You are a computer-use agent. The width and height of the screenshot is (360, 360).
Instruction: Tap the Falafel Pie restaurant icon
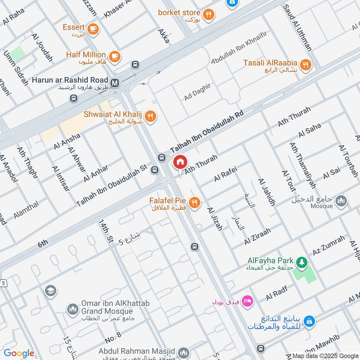[194, 202]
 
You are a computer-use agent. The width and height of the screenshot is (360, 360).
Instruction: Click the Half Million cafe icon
[115, 56]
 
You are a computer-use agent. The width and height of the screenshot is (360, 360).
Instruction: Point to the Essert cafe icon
[93, 29]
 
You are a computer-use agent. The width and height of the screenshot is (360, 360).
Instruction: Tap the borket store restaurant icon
[208, 15]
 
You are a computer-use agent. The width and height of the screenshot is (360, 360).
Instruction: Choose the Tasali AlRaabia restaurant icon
[306, 65]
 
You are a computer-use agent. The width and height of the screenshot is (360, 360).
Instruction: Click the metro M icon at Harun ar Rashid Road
[115, 83]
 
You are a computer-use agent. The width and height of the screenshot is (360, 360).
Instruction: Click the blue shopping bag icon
[309, 321]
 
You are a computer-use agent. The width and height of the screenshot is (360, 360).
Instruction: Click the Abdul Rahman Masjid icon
[183, 352]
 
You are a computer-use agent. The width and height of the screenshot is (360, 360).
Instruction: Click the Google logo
[19, 353]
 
